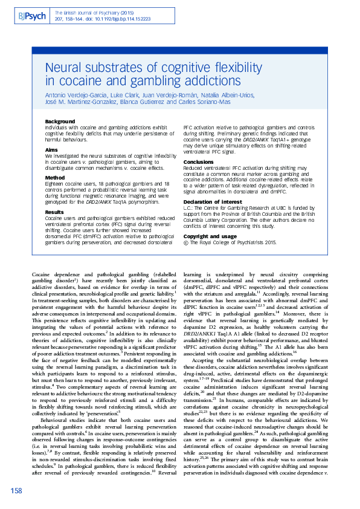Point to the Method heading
tap(55, 178)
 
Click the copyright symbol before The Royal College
tap(185, 242)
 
